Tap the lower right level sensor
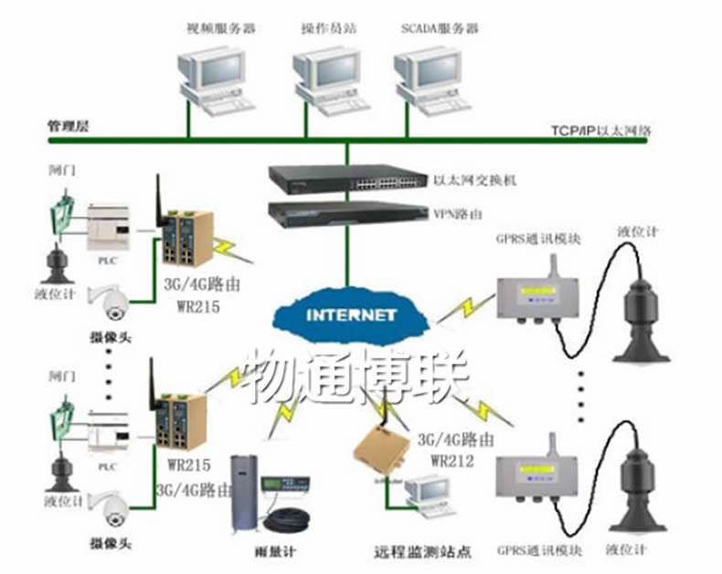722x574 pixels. click(645, 493)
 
